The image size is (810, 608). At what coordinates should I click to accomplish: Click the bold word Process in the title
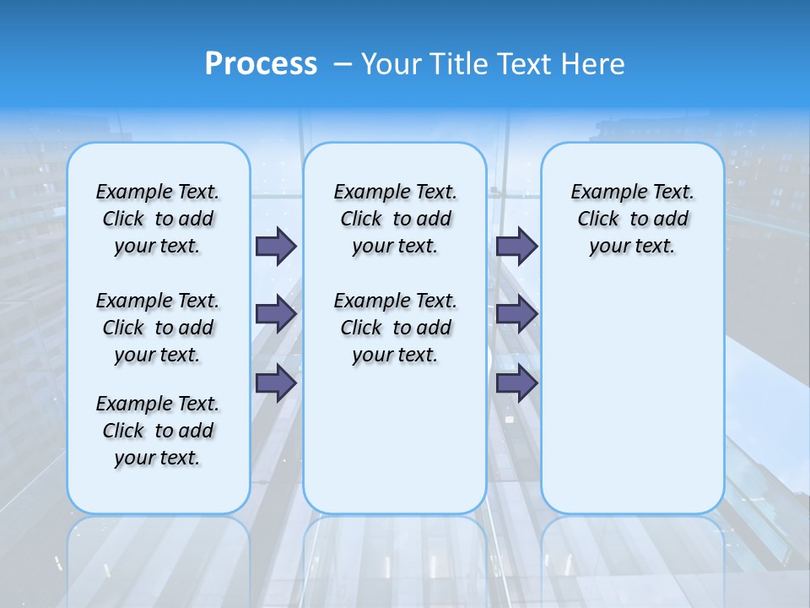[x=261, y=63]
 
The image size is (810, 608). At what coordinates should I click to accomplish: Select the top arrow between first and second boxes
[x=276, y=246]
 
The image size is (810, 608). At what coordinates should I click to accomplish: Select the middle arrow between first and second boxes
[x=276, y=314]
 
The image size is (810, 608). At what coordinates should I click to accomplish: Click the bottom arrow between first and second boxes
[x=276, y=383]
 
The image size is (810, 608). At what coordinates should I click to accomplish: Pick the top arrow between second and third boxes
[x=516, y=246]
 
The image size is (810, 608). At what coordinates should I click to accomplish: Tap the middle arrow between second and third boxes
[x=516, y=314]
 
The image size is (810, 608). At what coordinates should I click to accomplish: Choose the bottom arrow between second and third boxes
[x=516, y=383]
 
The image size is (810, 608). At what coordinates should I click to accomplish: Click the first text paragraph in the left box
[x=158, y=219]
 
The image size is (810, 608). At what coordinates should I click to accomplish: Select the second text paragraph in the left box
[x=158, y=328]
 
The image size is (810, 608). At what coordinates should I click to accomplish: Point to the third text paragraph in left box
[x=158, y=431]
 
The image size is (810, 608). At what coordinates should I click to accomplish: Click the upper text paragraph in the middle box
[x=395, y=219]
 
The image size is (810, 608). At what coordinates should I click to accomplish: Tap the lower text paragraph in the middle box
[x=395, y=328]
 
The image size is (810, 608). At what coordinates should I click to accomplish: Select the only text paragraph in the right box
[x=632, y=219]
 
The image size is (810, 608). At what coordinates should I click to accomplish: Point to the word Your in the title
[x=391, y=63]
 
